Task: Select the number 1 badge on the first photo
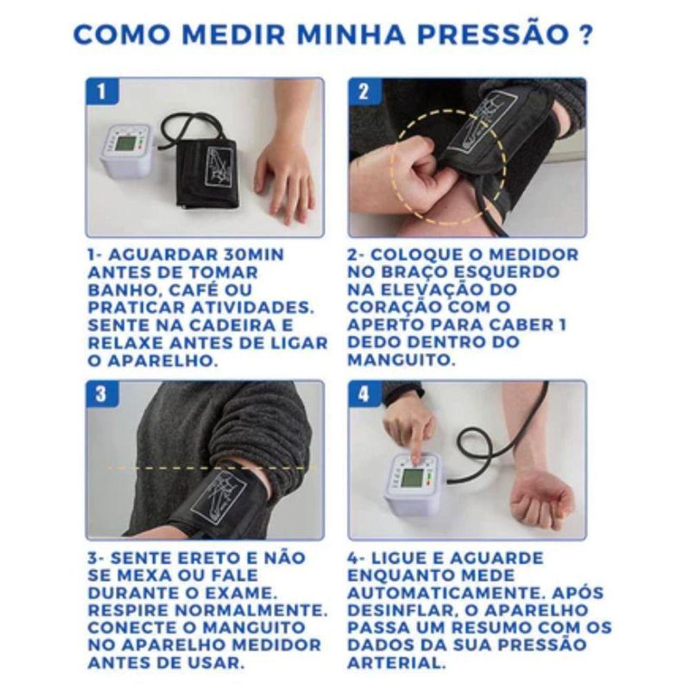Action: coord(101,91)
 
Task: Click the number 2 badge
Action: coord(364,91)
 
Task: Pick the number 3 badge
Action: coord(101,394)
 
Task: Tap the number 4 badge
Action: coord(364,394)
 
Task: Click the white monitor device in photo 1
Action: coord(126,149)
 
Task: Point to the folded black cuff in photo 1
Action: coord(206,172)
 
